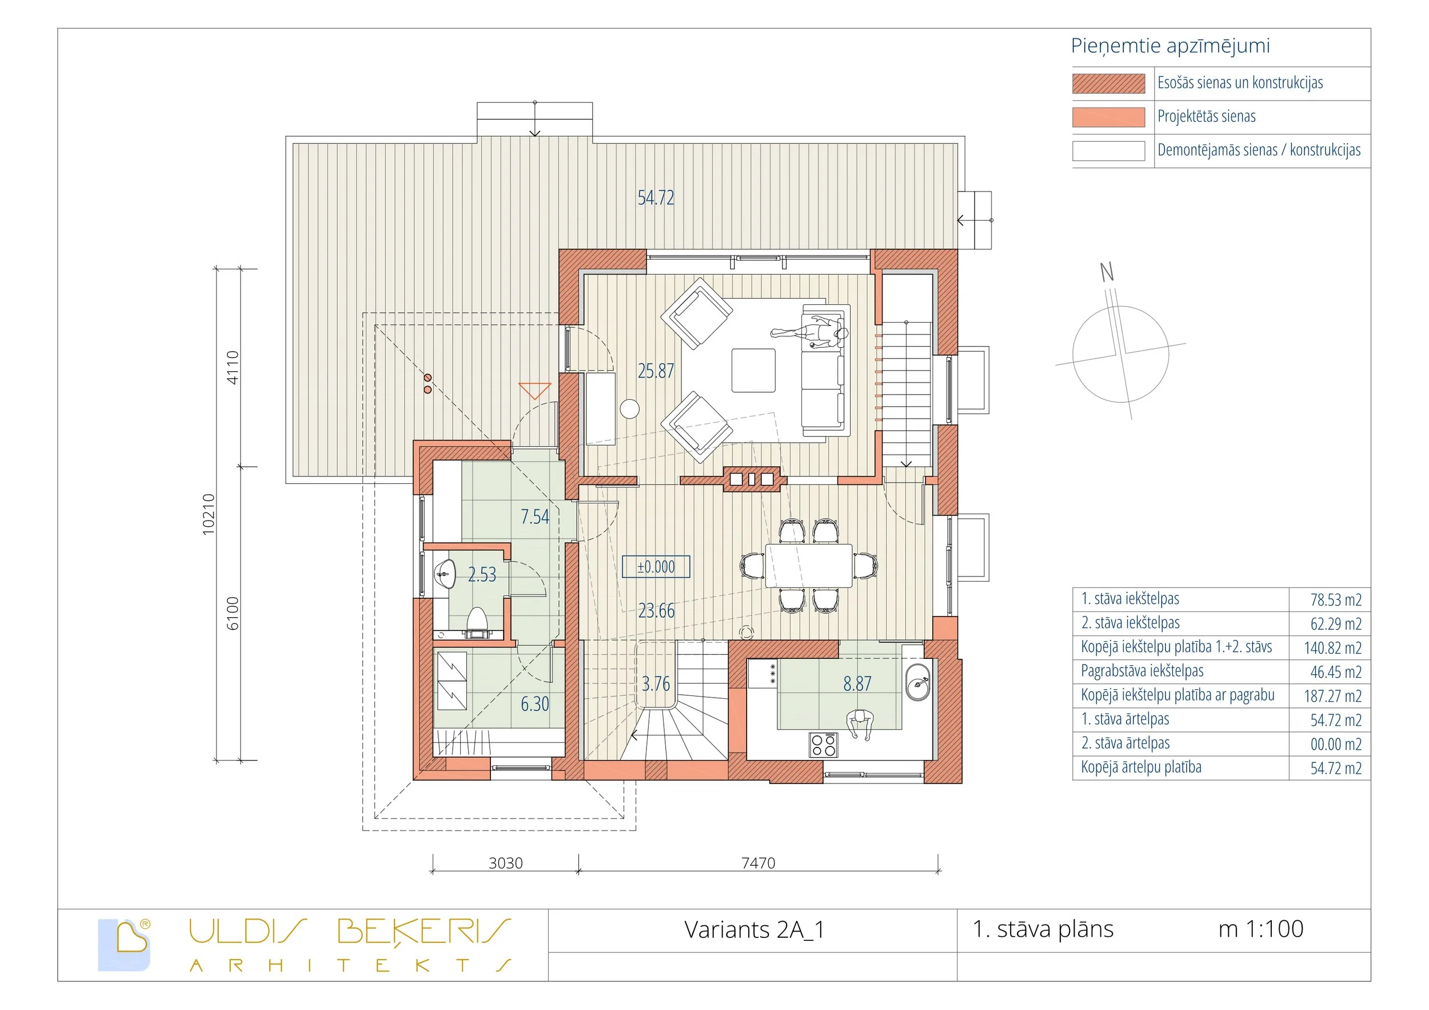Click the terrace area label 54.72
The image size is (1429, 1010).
click(x=656, y=198)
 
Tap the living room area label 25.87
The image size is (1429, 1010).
click(x=656, y=371)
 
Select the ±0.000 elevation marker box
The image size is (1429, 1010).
click(x=656, y=567)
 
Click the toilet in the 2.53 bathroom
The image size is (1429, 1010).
click(x=477, y=620)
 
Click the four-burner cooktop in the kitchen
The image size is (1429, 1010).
click(x=823, y=745)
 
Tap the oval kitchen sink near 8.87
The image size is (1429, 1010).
click(x=917, y=682)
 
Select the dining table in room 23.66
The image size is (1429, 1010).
click(x=808, y=566)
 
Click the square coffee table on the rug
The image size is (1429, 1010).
click(x=753, y=371)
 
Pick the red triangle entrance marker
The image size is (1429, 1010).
click(x=534, y=391)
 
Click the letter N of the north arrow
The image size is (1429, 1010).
click(x=1107, y=272)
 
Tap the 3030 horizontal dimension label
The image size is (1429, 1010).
click(x=505, y=863)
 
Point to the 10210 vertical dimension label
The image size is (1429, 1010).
click(x=209, y=514)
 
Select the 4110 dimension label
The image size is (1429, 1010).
click(x=232, y=367)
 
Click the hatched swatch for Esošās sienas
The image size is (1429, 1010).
click(x=1108, y=83)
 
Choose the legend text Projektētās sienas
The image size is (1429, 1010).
click(x=1206, y=117)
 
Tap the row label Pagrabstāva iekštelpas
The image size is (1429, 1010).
click(x=1141, y=671)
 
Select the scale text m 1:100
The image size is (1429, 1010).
click(x=1260, y=929)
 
